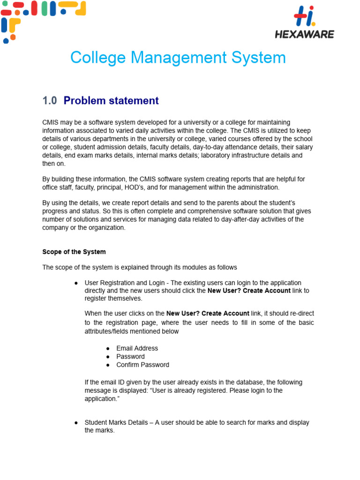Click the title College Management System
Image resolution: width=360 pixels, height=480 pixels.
coord(178,58)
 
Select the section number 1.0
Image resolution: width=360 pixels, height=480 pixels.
coord(49,101)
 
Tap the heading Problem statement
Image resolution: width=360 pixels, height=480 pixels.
coord(111,101)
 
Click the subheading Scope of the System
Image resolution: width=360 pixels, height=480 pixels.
coord(74,252)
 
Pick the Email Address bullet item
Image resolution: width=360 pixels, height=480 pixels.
coord(137,348)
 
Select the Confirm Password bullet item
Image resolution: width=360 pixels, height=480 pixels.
coord(142,365)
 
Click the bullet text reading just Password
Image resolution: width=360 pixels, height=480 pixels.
coord(130,357)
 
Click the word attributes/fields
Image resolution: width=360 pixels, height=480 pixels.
coord(106,331)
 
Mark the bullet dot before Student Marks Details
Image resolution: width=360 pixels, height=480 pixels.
coord(76,423)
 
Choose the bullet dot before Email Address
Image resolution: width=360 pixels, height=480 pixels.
coord(108,349)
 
